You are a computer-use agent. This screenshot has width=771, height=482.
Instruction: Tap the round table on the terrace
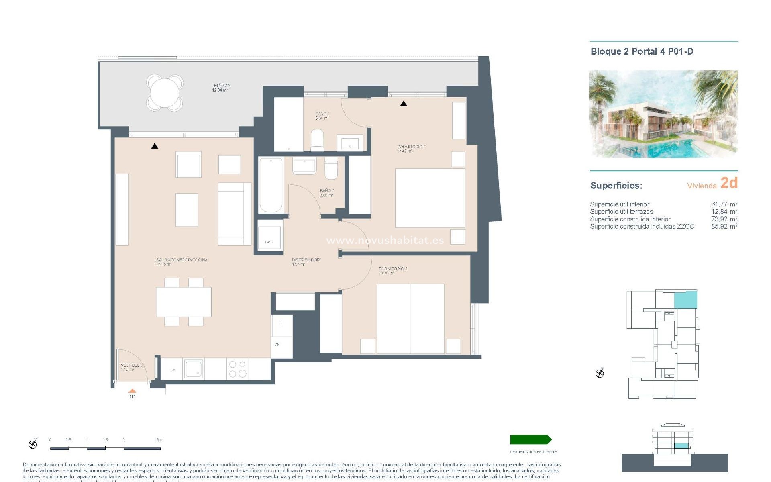pos(165,92)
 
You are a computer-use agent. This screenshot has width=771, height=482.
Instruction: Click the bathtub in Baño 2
pos(271,185)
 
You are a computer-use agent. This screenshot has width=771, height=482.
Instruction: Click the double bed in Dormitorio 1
pos(430,198)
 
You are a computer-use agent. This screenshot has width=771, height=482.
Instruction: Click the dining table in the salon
pos(184,302)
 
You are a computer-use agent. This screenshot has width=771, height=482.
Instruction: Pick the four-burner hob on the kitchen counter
pos(237,369)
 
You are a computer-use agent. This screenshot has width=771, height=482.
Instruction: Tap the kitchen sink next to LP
pos(194,369)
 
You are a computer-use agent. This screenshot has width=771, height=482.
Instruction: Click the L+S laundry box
pos(269,236)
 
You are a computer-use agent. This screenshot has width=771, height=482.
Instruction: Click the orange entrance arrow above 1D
pos(132,390)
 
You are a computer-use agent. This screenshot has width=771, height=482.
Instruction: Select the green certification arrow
pos(530,439)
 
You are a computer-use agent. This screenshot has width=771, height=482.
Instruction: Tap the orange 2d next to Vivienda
pos(729,183)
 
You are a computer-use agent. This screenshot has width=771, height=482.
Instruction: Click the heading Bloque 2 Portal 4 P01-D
pos(642,51)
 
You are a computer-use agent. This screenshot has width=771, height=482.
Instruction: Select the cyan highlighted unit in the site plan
pos(685,300)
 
